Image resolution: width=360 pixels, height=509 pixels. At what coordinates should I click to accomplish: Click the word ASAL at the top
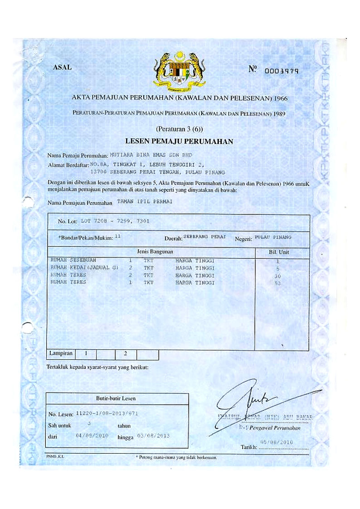click(x=62, y=68)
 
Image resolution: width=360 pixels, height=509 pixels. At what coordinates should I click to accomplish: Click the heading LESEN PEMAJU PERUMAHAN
click(x=179, y=141)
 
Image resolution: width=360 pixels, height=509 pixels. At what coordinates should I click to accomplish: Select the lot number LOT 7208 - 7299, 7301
click(x=115, y=221)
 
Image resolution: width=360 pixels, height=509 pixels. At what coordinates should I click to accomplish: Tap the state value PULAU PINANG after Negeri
click(x=273, y=237)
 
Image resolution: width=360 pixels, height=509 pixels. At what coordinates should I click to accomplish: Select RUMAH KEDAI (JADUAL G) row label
click(x=84, y=268)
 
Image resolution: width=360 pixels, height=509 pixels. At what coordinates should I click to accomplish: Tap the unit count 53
click(x=278, y=283)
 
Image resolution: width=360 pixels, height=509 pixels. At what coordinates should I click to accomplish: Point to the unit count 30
click(x=278, y=276)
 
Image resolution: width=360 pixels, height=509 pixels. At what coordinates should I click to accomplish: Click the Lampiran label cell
click(x=59, y=352)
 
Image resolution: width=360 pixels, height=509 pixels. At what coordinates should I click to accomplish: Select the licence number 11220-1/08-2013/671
click(x=107, y=413)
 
